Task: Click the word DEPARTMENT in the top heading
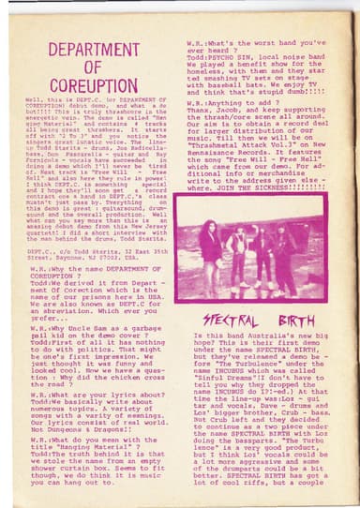coord(93,50)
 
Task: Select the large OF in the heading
coord(92,67)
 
